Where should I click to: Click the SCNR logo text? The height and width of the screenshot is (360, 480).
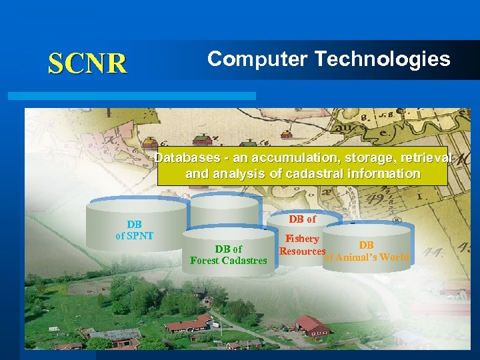pos(87,63)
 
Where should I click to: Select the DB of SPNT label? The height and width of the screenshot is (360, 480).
pos(135,230)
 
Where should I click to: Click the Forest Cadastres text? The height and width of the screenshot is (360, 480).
pos(228,261)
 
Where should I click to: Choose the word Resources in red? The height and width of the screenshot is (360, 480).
pos(303,251)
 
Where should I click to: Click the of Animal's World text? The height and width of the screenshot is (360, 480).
pos(367,257)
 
